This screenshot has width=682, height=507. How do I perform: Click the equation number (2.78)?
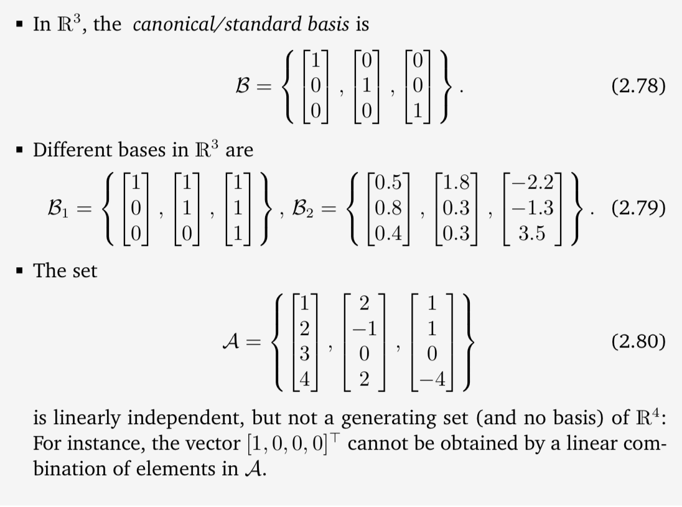638,85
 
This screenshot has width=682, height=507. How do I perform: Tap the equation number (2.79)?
638,207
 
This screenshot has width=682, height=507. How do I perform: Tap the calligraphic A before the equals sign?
231,342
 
